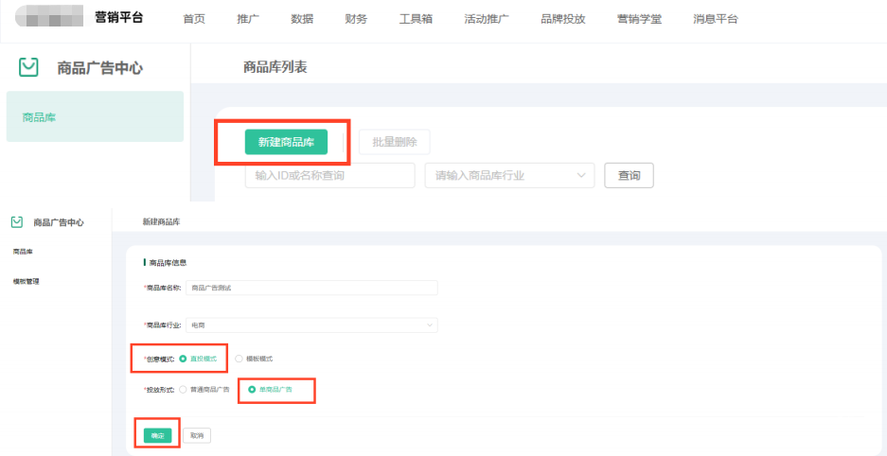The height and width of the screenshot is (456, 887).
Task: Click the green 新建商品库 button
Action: pyautogui.click(x=286, y=142)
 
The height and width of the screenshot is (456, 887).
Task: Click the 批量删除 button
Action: pyautogui.click(x=395, y=142)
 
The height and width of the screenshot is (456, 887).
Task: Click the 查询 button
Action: pyautogui.click(x=629, y=175)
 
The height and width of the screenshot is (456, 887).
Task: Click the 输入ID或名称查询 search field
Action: pyautogui.click(x=329, y=176)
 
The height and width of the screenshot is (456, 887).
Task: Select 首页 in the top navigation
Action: pyautogui.click(x=194, y=19)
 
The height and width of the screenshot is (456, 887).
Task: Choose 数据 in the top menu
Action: pyautogui.click(x=302, y=19)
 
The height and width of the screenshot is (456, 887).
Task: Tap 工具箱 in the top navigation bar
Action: pyautogui.click(x=416, y=19)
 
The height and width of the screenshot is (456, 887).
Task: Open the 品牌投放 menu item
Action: pyautogui.click(x=562, y=19)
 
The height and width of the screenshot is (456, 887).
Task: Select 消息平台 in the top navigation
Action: pyautogui.click(x=716, y=19)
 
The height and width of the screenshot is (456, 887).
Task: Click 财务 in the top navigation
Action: pyautogui.click(x=356, y=19)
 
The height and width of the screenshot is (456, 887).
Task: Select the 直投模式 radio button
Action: pyautogui.click(x=183, y=359)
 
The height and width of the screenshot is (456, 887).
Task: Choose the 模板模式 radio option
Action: pyautogui.click(x=239, y=359)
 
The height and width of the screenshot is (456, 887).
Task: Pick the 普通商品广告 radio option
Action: pyautogui.click(x=183, y=390)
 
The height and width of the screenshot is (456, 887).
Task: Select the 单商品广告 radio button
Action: pyautogui.click(x=252, y=390)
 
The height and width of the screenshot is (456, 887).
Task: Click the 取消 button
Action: pyautogui.click(x=197, y=435)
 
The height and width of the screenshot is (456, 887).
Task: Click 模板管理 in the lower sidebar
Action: pyautogui.click(x=26, y=281)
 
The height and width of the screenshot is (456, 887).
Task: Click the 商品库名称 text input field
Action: pyautogui.click(x=311, y=288)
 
